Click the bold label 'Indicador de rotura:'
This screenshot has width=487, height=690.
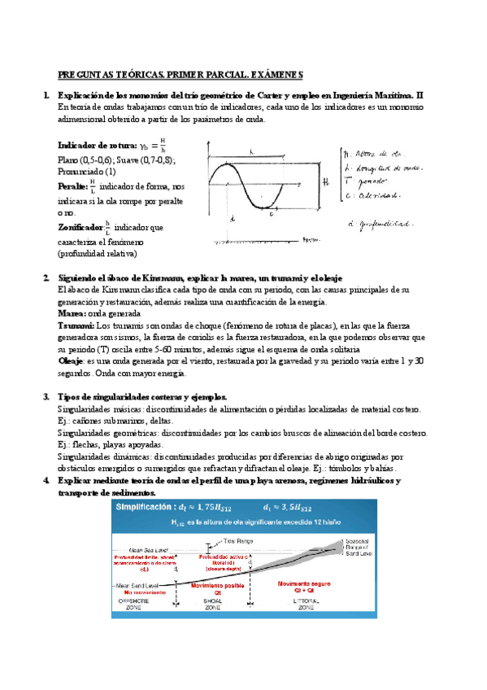point(97,146)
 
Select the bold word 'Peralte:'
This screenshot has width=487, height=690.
point(72,186)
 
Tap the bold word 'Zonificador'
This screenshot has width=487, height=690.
point(80,226)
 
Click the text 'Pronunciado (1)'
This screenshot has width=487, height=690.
point(87,172)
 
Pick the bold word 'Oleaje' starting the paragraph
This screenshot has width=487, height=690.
point(72,360)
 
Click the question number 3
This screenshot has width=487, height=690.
point(46,396)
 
